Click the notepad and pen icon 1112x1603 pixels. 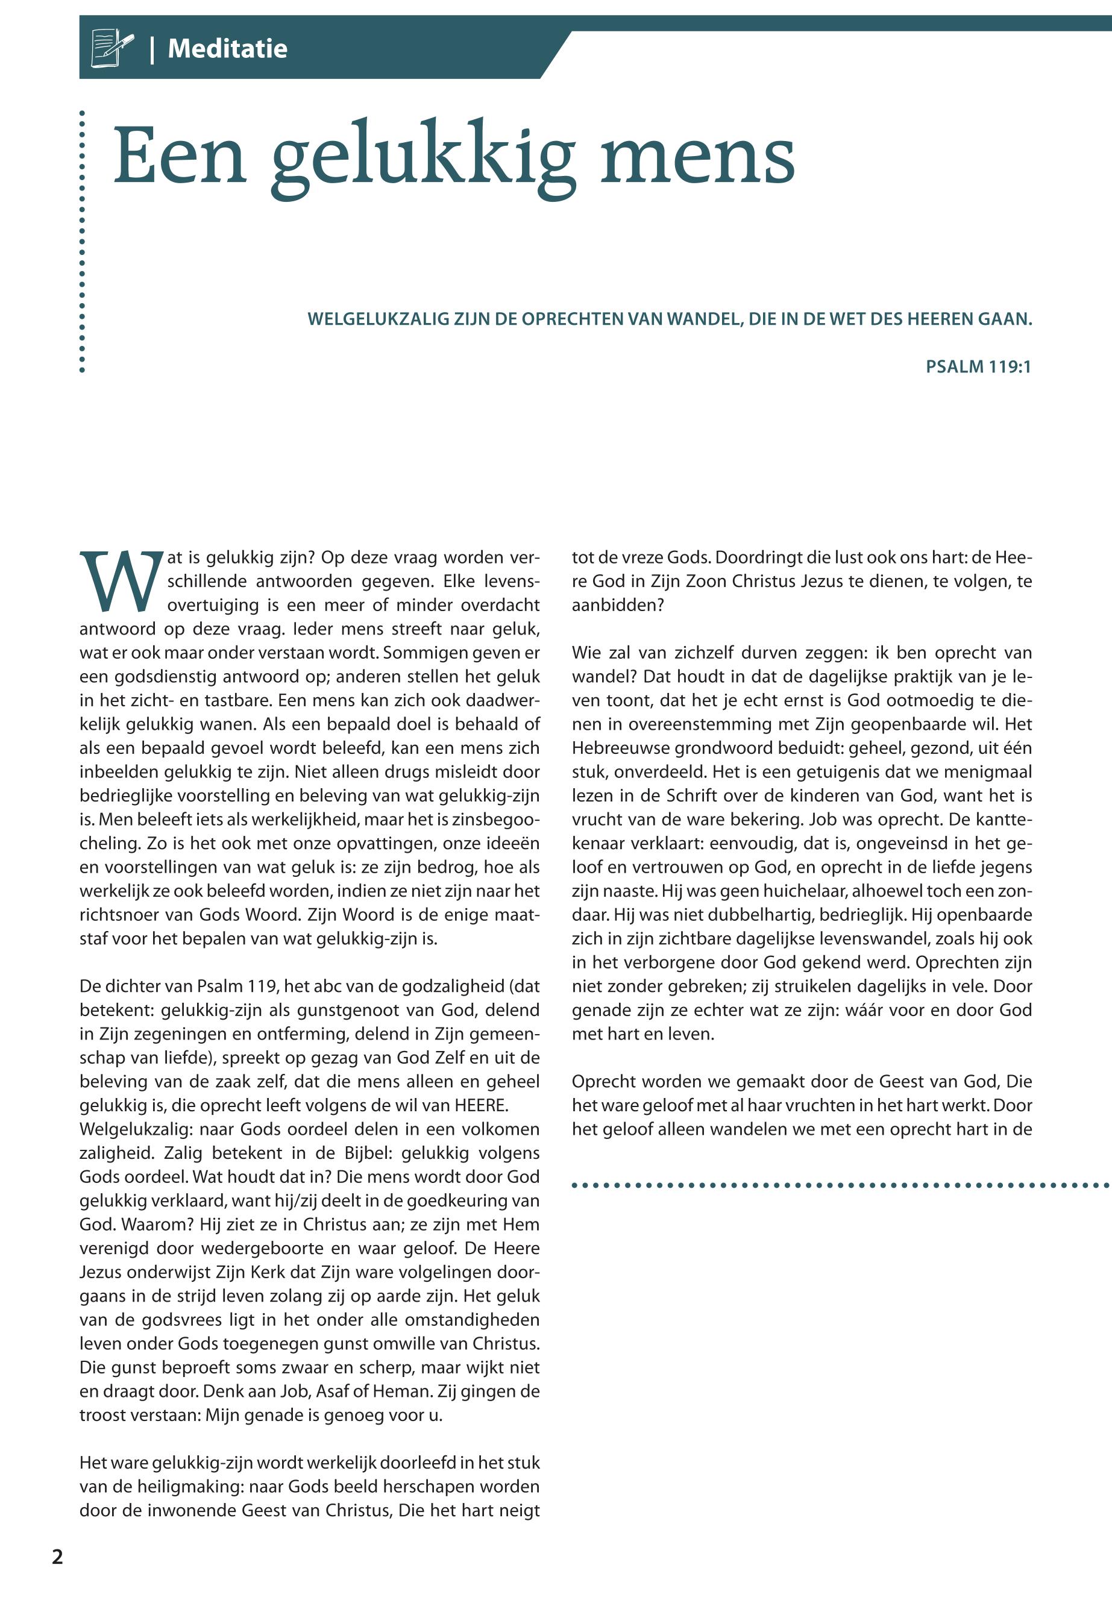point(112,48)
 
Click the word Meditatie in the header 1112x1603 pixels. point(227,49)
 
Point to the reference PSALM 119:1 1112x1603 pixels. point(978,366)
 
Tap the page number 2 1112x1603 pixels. point(57,1555)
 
